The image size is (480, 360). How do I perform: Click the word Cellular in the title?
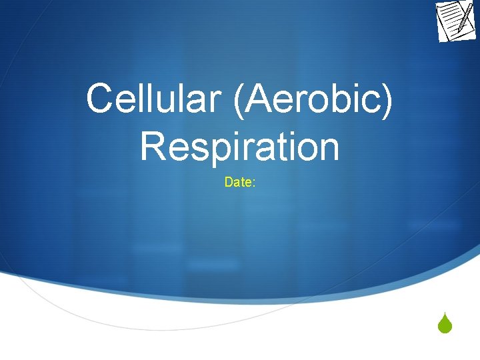point(151,99)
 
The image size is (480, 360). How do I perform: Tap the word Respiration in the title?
point(239,147)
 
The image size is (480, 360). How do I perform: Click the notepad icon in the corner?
point(456,21)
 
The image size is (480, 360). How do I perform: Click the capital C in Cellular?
point(100,99)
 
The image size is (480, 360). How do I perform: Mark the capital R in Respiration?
point(153,147)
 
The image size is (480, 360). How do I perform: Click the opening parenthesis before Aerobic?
point(233,100)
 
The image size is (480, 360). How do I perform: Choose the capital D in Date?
point(229,182)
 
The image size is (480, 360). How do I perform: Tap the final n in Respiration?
point(326,149)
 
